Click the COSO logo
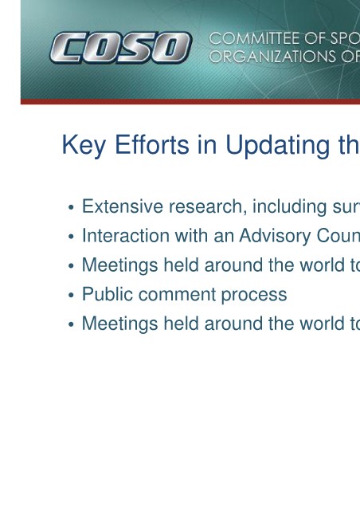120,48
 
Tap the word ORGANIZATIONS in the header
272,57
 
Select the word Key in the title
84,145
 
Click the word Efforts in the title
152,145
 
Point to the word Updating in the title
277,145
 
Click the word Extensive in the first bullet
123,206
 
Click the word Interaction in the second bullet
126,236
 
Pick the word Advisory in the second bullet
275,236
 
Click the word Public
108,294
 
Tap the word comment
177,295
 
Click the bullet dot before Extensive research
71,207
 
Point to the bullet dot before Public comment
71,295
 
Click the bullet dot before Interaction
71,237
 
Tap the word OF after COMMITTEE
312,39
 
